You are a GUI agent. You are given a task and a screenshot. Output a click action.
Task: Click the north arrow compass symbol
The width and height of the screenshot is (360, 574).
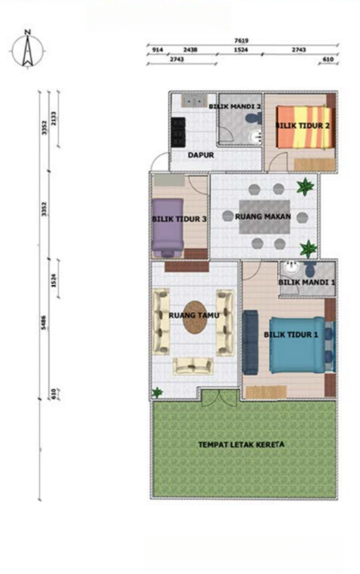[28, 50]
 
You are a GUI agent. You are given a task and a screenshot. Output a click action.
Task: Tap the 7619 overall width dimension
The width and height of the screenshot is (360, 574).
[242, 41]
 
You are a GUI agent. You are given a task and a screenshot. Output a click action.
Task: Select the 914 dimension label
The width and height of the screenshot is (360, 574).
[157, 50]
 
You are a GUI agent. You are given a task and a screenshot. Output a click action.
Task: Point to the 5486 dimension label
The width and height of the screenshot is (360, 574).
[44, 322]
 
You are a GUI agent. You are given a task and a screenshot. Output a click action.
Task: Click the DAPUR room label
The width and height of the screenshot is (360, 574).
[201, 155]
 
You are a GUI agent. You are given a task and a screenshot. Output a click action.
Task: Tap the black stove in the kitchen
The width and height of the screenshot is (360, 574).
[178, 132]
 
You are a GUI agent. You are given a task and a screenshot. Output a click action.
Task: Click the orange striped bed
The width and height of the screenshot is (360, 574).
[305, 127]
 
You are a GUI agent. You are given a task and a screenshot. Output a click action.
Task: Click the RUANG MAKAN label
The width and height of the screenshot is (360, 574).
[263, 217]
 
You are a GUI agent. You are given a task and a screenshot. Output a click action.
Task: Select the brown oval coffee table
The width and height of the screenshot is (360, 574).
[195, 317]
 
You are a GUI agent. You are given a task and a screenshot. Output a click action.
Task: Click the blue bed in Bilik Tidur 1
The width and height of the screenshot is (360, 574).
[298, 345]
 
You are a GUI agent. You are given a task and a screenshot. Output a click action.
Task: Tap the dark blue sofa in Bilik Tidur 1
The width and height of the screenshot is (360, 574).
[250, 342]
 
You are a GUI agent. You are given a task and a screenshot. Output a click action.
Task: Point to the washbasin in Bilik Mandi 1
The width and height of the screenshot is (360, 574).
[291, 267]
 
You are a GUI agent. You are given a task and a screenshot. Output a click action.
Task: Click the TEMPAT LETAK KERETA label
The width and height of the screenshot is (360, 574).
[241, 444]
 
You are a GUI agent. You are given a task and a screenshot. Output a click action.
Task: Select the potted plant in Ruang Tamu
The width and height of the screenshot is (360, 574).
[157, 392]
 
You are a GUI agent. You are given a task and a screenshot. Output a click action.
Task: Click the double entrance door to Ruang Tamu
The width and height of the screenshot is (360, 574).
[219, 398]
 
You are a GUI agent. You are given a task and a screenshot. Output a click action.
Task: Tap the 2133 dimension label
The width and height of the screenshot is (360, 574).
[53, 118]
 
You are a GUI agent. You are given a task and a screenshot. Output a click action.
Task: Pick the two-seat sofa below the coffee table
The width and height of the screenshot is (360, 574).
[193, 366]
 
